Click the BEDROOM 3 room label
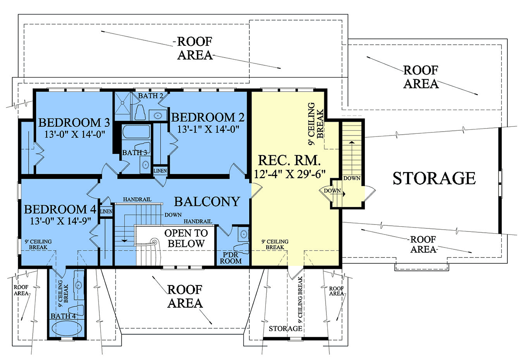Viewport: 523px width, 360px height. [74, 122]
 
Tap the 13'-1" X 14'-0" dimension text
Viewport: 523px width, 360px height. [208, 129]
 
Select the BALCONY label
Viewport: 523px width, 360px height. [207, 202]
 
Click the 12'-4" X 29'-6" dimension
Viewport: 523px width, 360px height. [289, 174]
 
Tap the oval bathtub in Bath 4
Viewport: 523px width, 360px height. [67, 329]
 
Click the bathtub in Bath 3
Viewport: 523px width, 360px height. [136, 132]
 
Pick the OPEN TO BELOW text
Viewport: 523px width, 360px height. [186, 238]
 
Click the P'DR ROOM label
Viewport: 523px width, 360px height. [231, 258]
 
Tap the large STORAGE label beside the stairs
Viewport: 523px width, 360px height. [434, 178]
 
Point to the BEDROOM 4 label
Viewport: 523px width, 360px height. [60, 209]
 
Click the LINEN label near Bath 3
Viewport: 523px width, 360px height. [160, 171]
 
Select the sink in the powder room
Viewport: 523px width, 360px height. [244, 234]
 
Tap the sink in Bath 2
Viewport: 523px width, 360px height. [158, 115]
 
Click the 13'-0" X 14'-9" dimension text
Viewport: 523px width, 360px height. [61, 221]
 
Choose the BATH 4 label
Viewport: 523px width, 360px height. [63, 316]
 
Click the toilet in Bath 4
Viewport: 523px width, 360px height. [78, 310]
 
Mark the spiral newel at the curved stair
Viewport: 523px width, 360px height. [154, 241]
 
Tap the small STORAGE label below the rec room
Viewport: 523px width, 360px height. [285, 329]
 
